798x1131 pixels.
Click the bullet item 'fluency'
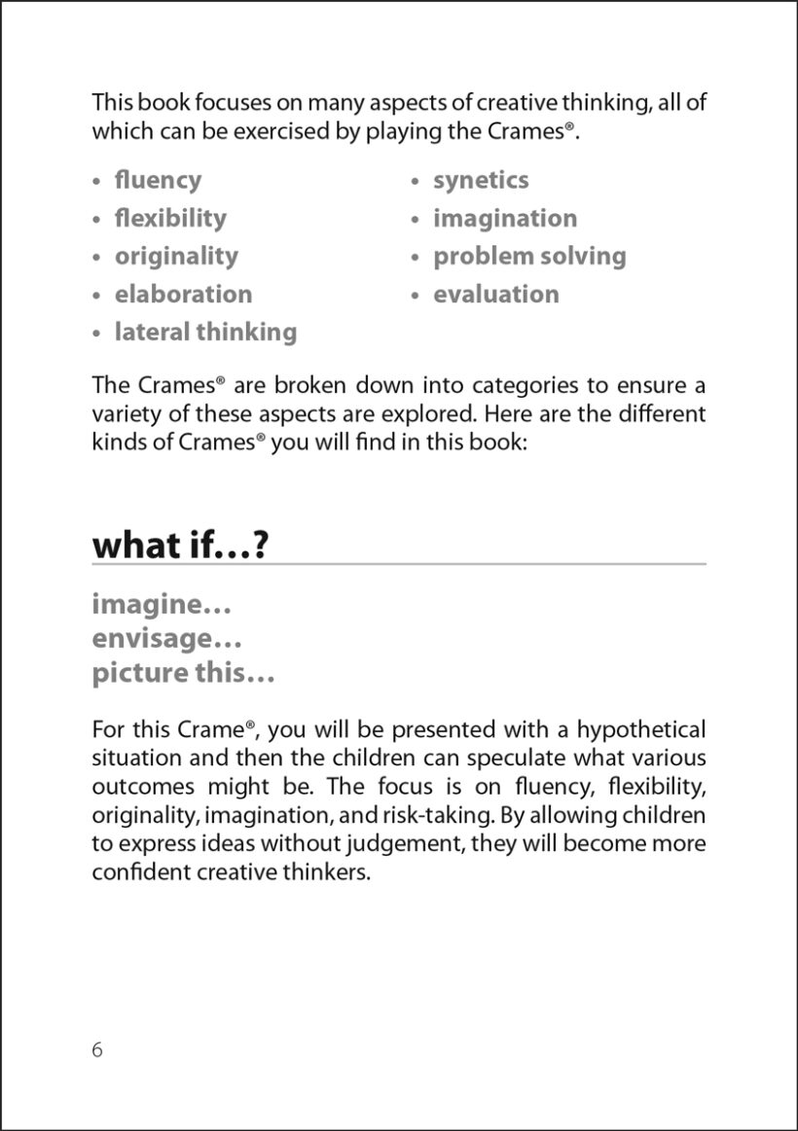tap(158, 180)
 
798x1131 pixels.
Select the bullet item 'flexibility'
tap(170, 218)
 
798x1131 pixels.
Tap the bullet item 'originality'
tap(176, 256)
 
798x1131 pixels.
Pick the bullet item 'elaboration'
tap(183, 294)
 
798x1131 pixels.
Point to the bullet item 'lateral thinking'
tap(205, 332)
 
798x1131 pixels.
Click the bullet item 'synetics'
tap(481, 180)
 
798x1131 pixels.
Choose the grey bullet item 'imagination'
tap(505, 218)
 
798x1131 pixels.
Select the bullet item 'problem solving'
tap(529, 256)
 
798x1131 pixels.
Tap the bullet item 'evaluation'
tap(496, 294)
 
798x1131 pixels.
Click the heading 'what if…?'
tap(180, 545)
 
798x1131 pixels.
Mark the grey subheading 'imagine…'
tap(162, 605)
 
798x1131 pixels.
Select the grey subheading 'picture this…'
tap(184, 673)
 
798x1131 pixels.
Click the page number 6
tap(97, 1049)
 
